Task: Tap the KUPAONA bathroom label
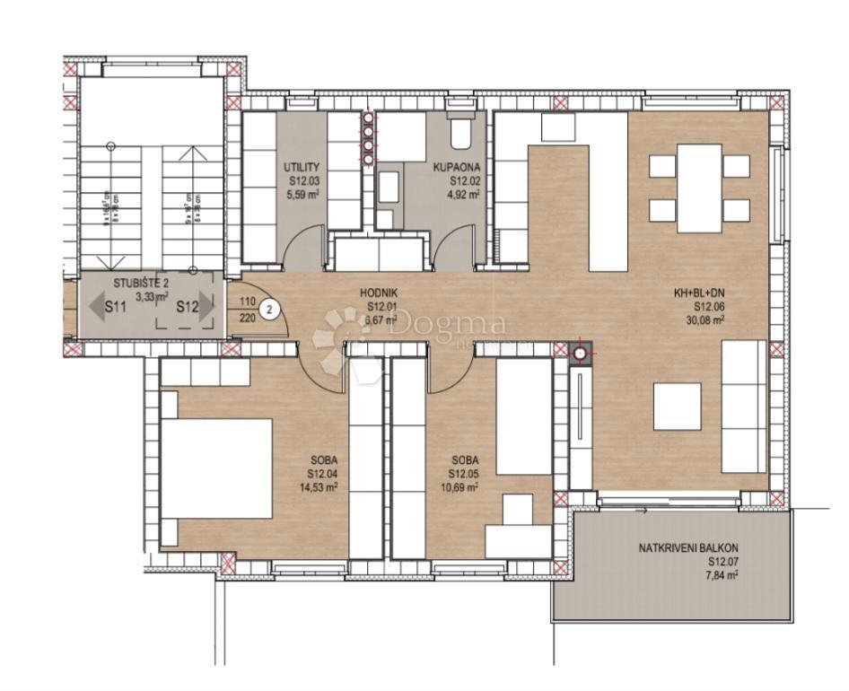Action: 465,167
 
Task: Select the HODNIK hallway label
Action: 378,293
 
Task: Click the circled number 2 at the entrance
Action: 269,311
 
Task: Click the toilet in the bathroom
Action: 460,136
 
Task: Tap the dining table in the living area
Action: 699,188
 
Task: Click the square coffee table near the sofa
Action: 677,407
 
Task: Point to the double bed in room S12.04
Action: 216,468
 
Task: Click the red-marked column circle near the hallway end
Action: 581,354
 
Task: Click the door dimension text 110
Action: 249,302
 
